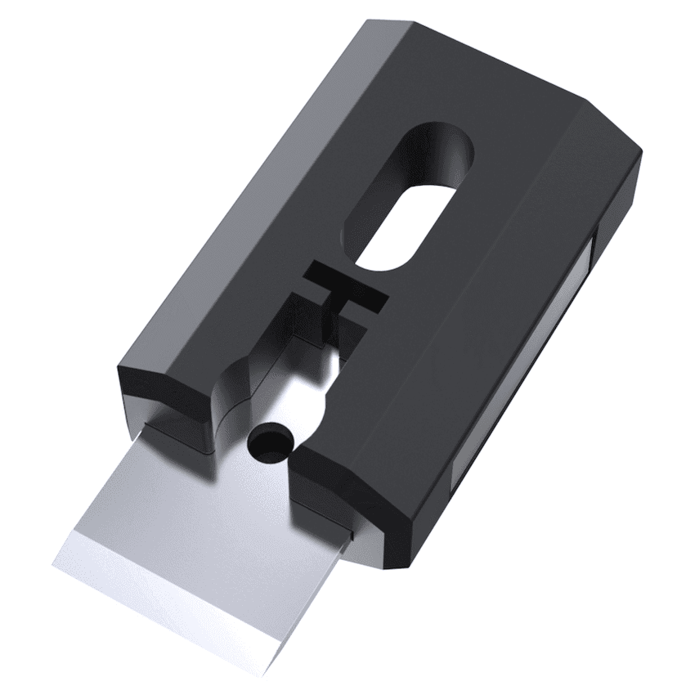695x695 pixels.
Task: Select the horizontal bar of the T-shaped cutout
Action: click(347, 288)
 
